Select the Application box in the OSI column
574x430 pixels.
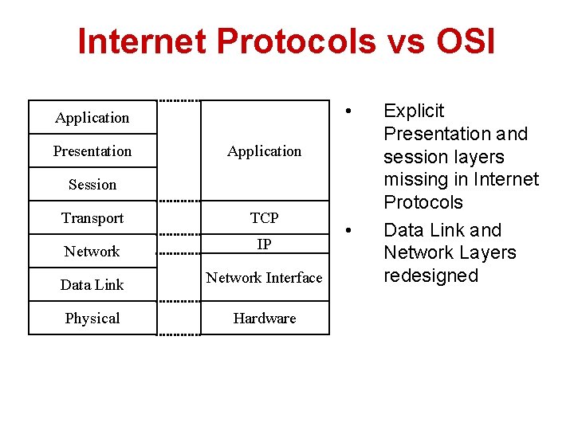click(x=92, y=117)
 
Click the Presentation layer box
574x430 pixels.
click(x=92, y=150)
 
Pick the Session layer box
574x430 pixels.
click(x=92, y=184)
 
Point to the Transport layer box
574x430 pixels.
click(x=92, y=217)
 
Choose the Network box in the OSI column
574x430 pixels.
click(x=92, y=251)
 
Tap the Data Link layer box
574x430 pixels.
click(x=92, y=284)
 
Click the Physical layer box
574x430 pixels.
click(x=92, y=318)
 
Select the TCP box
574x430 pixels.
click(x=264, y=217)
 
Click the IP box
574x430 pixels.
click(x=264, y=244)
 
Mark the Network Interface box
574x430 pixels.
click(x=264, y=278)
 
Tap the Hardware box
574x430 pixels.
click(x=264, y=318)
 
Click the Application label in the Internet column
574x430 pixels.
click(x=264, y=150)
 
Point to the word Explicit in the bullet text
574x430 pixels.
click(x=414, y=111)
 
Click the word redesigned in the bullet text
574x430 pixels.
click(x=431, y=276)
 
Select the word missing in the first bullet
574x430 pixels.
click(x=413, y=179)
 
